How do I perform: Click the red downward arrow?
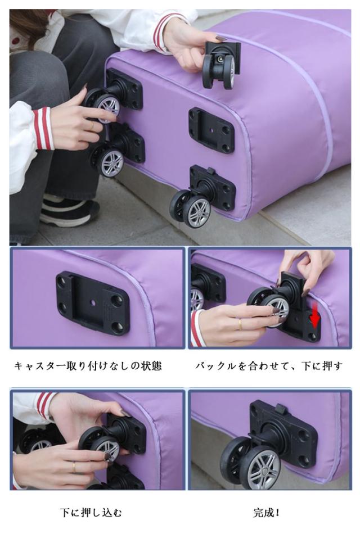click(314, 317)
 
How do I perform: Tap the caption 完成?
click(267, 512)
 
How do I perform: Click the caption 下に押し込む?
click(91, 513)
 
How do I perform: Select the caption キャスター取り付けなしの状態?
click(88, 366)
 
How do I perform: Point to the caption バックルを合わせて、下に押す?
click(269, 366)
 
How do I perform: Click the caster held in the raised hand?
click(221, 64)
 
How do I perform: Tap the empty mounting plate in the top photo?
click(211, 130)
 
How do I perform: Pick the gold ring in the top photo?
click(91, 126)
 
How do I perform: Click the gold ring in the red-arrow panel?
click(240, 324)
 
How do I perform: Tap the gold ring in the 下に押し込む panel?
click(74, 467)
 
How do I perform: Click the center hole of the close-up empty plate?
click(92, 302)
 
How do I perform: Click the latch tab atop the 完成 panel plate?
click(280, 408)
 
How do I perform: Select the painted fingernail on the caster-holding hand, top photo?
click(221, 38)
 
